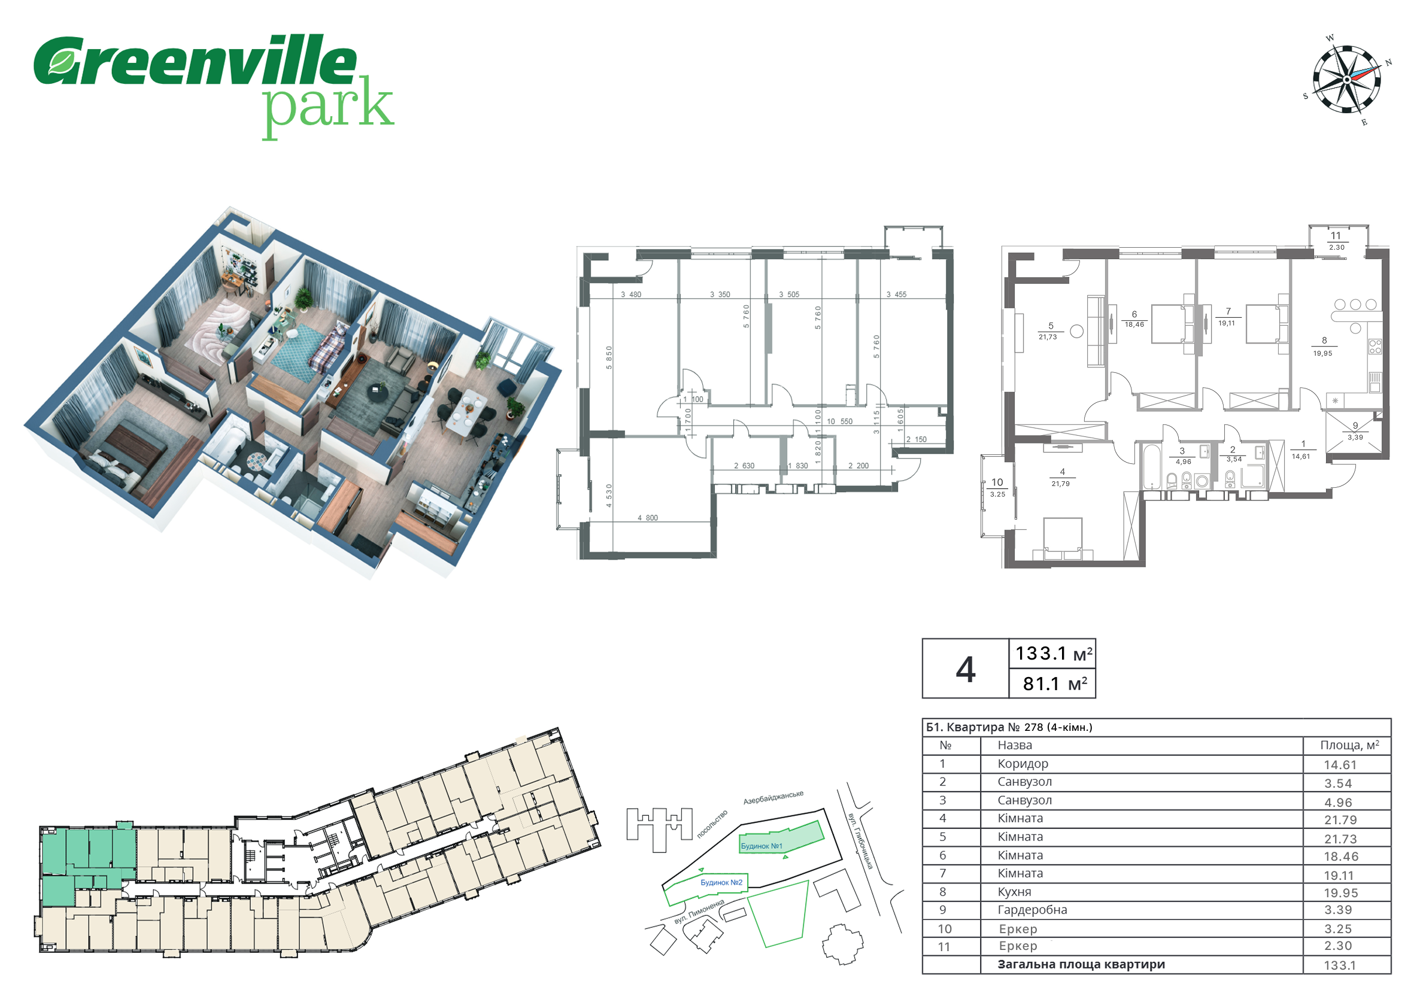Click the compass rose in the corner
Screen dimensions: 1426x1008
1347,80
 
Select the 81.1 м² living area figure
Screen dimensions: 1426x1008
1055,684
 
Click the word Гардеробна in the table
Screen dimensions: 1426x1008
1032,910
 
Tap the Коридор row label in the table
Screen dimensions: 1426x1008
1023,764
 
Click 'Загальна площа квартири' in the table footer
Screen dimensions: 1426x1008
1081,964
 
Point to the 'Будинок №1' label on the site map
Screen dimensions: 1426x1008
761,846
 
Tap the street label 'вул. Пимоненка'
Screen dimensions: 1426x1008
699,912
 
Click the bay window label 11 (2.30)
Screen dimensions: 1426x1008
1336,241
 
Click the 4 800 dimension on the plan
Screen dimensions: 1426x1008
647,518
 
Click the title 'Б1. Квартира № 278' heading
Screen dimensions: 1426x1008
1009,727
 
